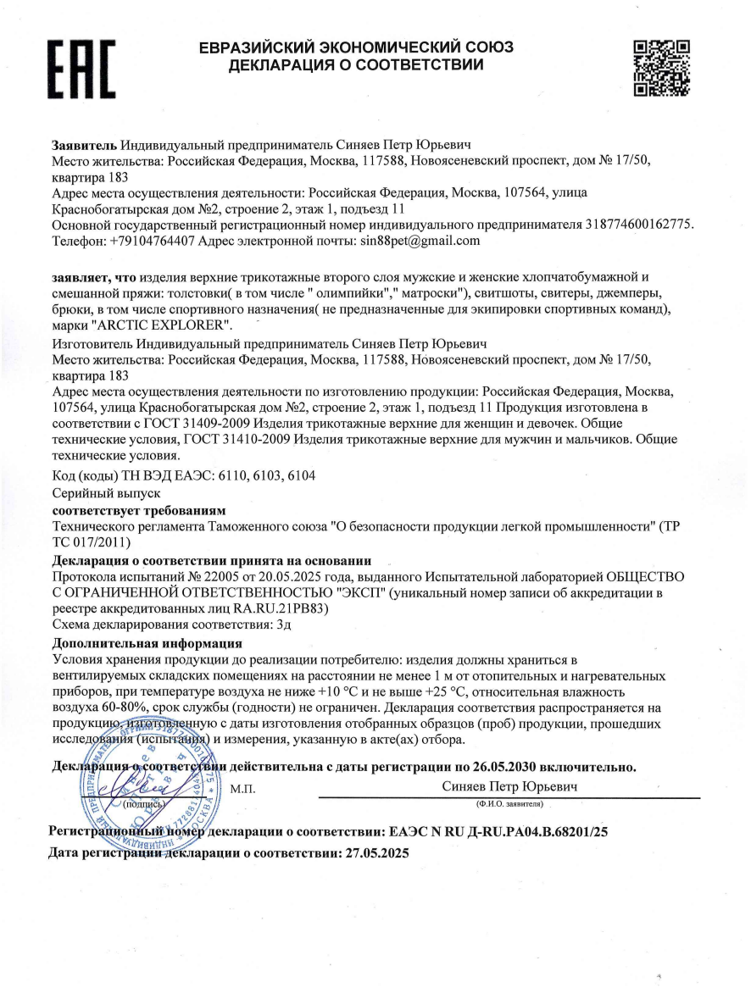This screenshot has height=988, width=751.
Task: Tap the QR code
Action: tap(661, 65)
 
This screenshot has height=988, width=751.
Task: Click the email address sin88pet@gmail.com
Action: tap(409, 241)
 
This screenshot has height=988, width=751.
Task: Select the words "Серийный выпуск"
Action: tap(101, 493)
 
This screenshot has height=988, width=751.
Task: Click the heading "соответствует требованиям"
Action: tap(139, 510)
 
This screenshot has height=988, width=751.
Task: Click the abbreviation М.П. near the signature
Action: tap(242, 790)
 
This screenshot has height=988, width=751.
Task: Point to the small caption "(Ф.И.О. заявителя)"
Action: tap(509, 803)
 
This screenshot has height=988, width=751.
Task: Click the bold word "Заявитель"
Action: tap(85, 144)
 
